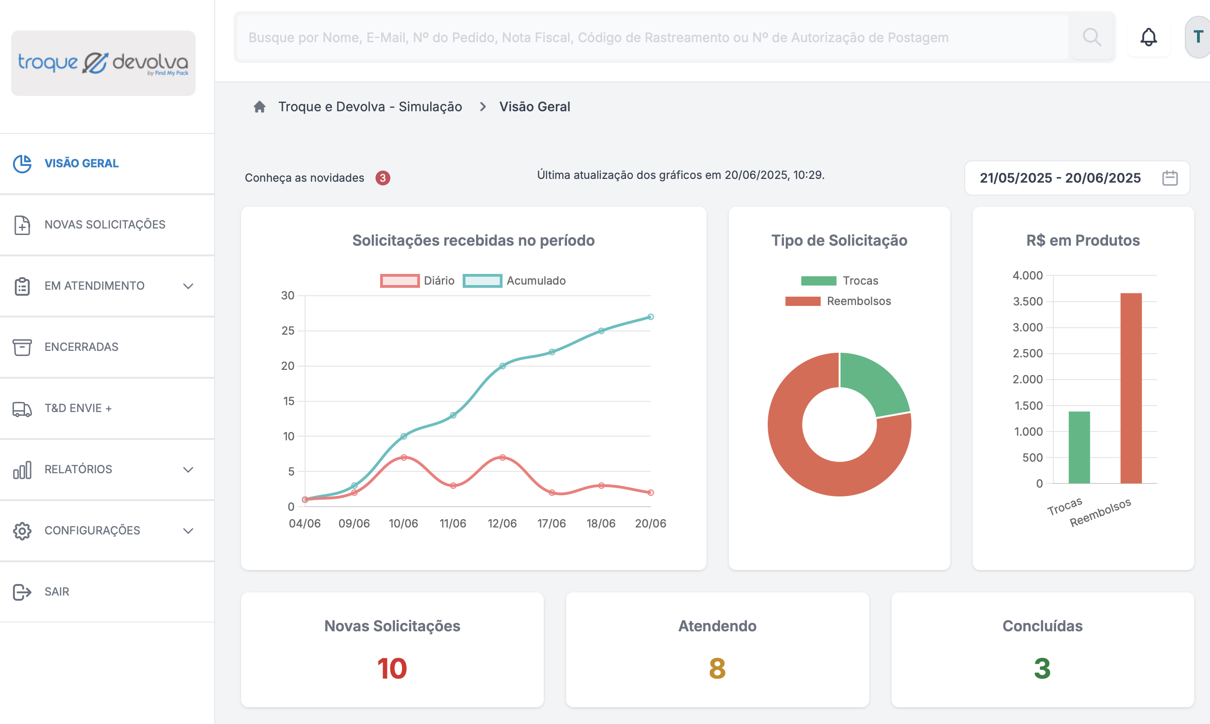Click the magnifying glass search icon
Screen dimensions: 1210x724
(1091, 37)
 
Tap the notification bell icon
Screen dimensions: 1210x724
(1148, 37)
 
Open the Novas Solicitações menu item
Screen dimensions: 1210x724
(105, 224)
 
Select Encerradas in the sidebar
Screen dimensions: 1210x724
(81, 347)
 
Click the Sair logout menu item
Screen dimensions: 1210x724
(57, 592)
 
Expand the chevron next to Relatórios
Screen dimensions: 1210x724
(188, 470)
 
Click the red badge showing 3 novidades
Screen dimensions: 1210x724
(383, 178)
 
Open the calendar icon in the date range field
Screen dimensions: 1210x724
(1170, 178)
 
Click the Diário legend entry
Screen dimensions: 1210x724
(417, 280)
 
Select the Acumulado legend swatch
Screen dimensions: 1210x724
(482, 280)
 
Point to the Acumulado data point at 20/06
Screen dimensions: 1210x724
(650, 317)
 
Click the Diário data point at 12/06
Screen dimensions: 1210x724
(503, 457)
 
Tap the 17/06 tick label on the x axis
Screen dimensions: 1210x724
(551, 523)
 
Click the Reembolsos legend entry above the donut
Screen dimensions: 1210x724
(838, 301)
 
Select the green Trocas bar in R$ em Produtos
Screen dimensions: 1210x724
(1079, 447)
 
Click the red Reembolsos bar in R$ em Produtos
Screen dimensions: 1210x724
(1131, 388)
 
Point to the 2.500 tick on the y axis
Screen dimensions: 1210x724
(1027, 353)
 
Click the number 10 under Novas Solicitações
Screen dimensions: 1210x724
(392, 668)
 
